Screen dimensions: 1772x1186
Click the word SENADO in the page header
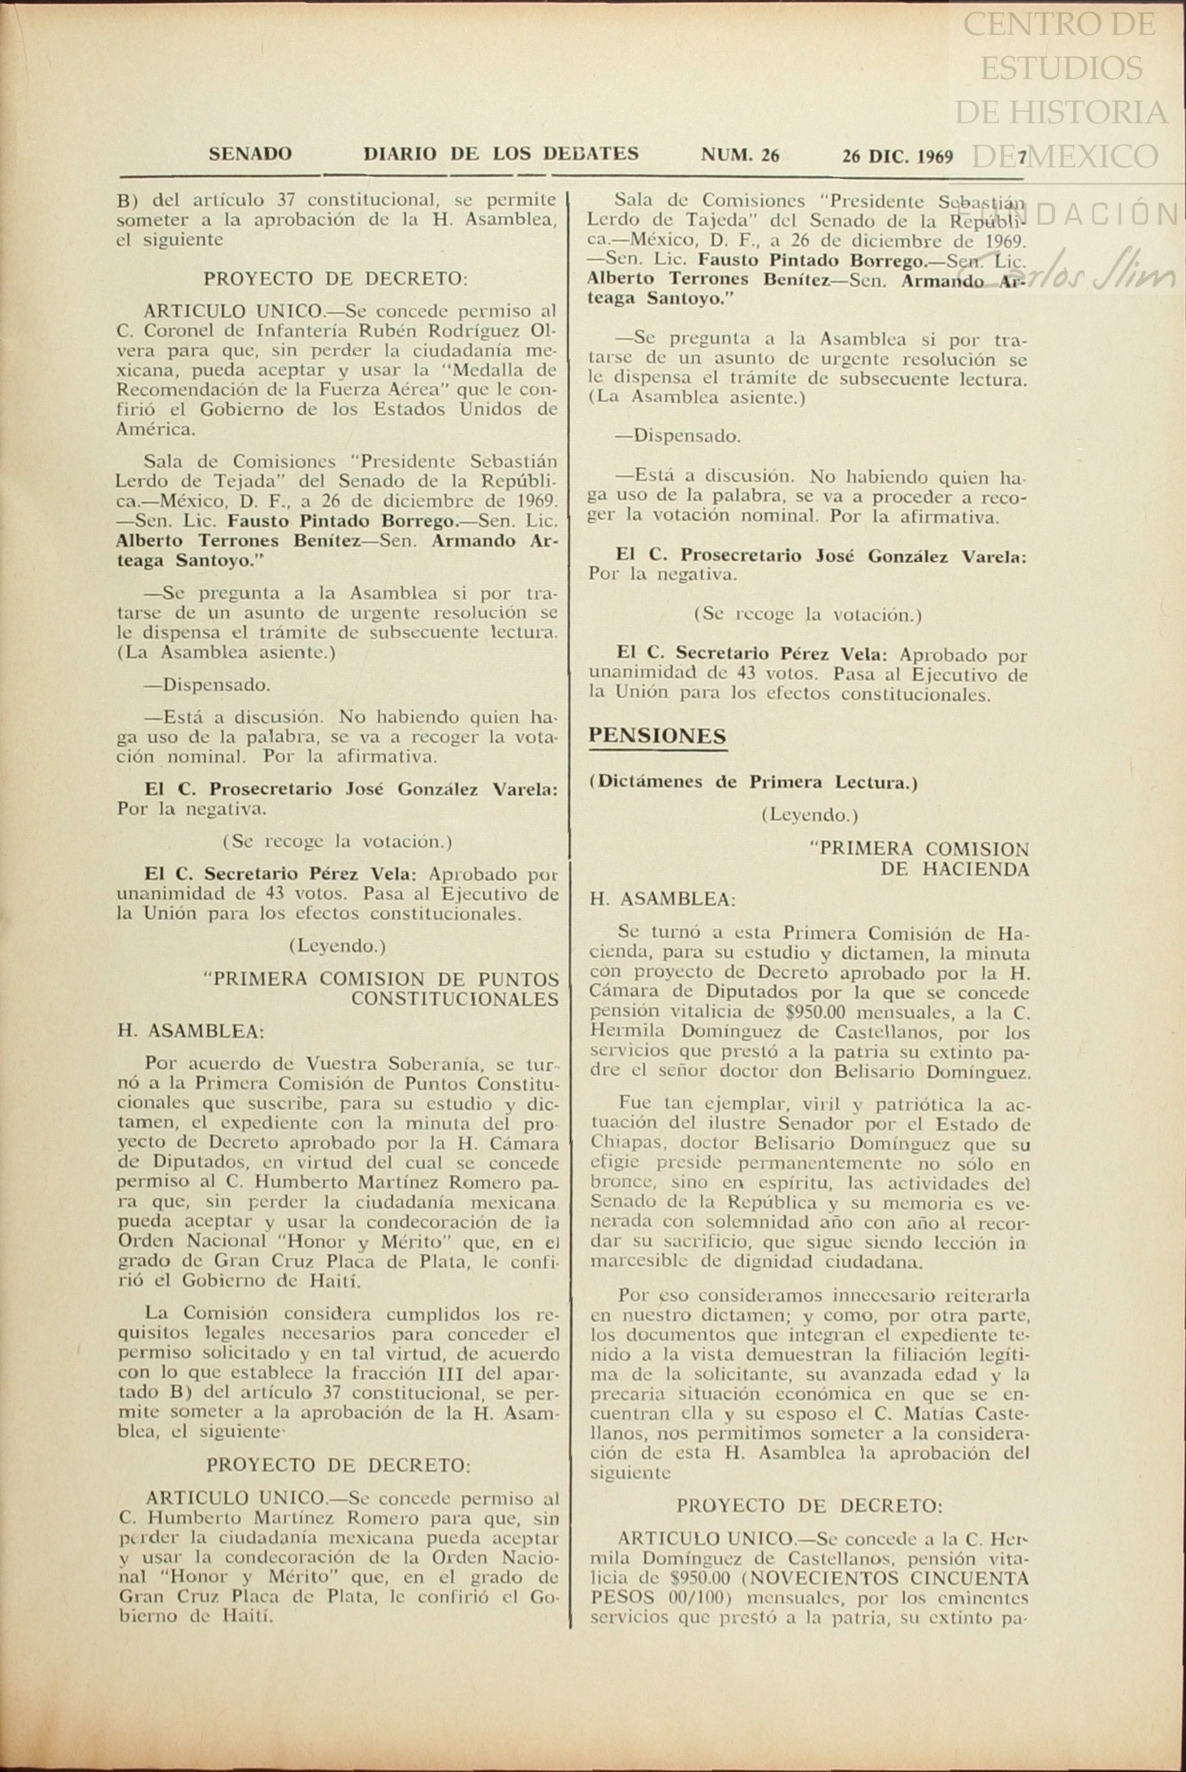tap(250, 154)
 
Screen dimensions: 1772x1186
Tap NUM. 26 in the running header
tap(740, 155)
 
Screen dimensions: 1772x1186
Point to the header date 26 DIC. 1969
tap(898, 156)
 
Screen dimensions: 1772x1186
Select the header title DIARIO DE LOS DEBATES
tap(501, 153)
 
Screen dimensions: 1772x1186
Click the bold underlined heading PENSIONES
tap(657, 736)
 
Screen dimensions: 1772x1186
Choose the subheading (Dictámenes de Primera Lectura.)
tap(753, 782)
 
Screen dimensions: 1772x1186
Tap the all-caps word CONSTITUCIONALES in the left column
tap(455, 1000)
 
